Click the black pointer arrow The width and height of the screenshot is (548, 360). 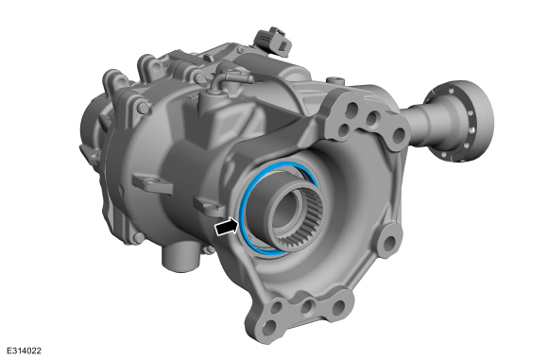tap(225, 227)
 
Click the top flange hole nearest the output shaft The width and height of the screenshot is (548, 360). tap(376, 119)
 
